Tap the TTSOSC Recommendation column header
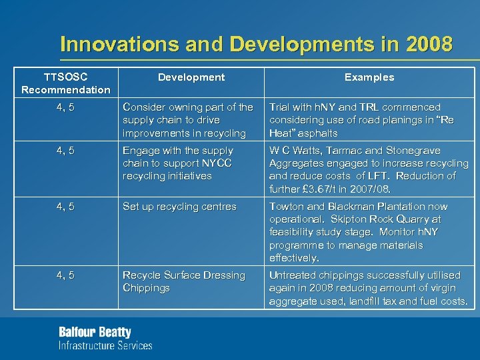tap(65, 83)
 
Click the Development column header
tap(191, 77)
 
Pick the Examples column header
tap(369, 77)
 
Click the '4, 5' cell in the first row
tap(65, 107)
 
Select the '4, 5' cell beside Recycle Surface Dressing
tap(65, 275)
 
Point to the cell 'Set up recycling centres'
tap(179, 207)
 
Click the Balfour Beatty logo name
tap(95, 332)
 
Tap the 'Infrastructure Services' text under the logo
tap(105, 345)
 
